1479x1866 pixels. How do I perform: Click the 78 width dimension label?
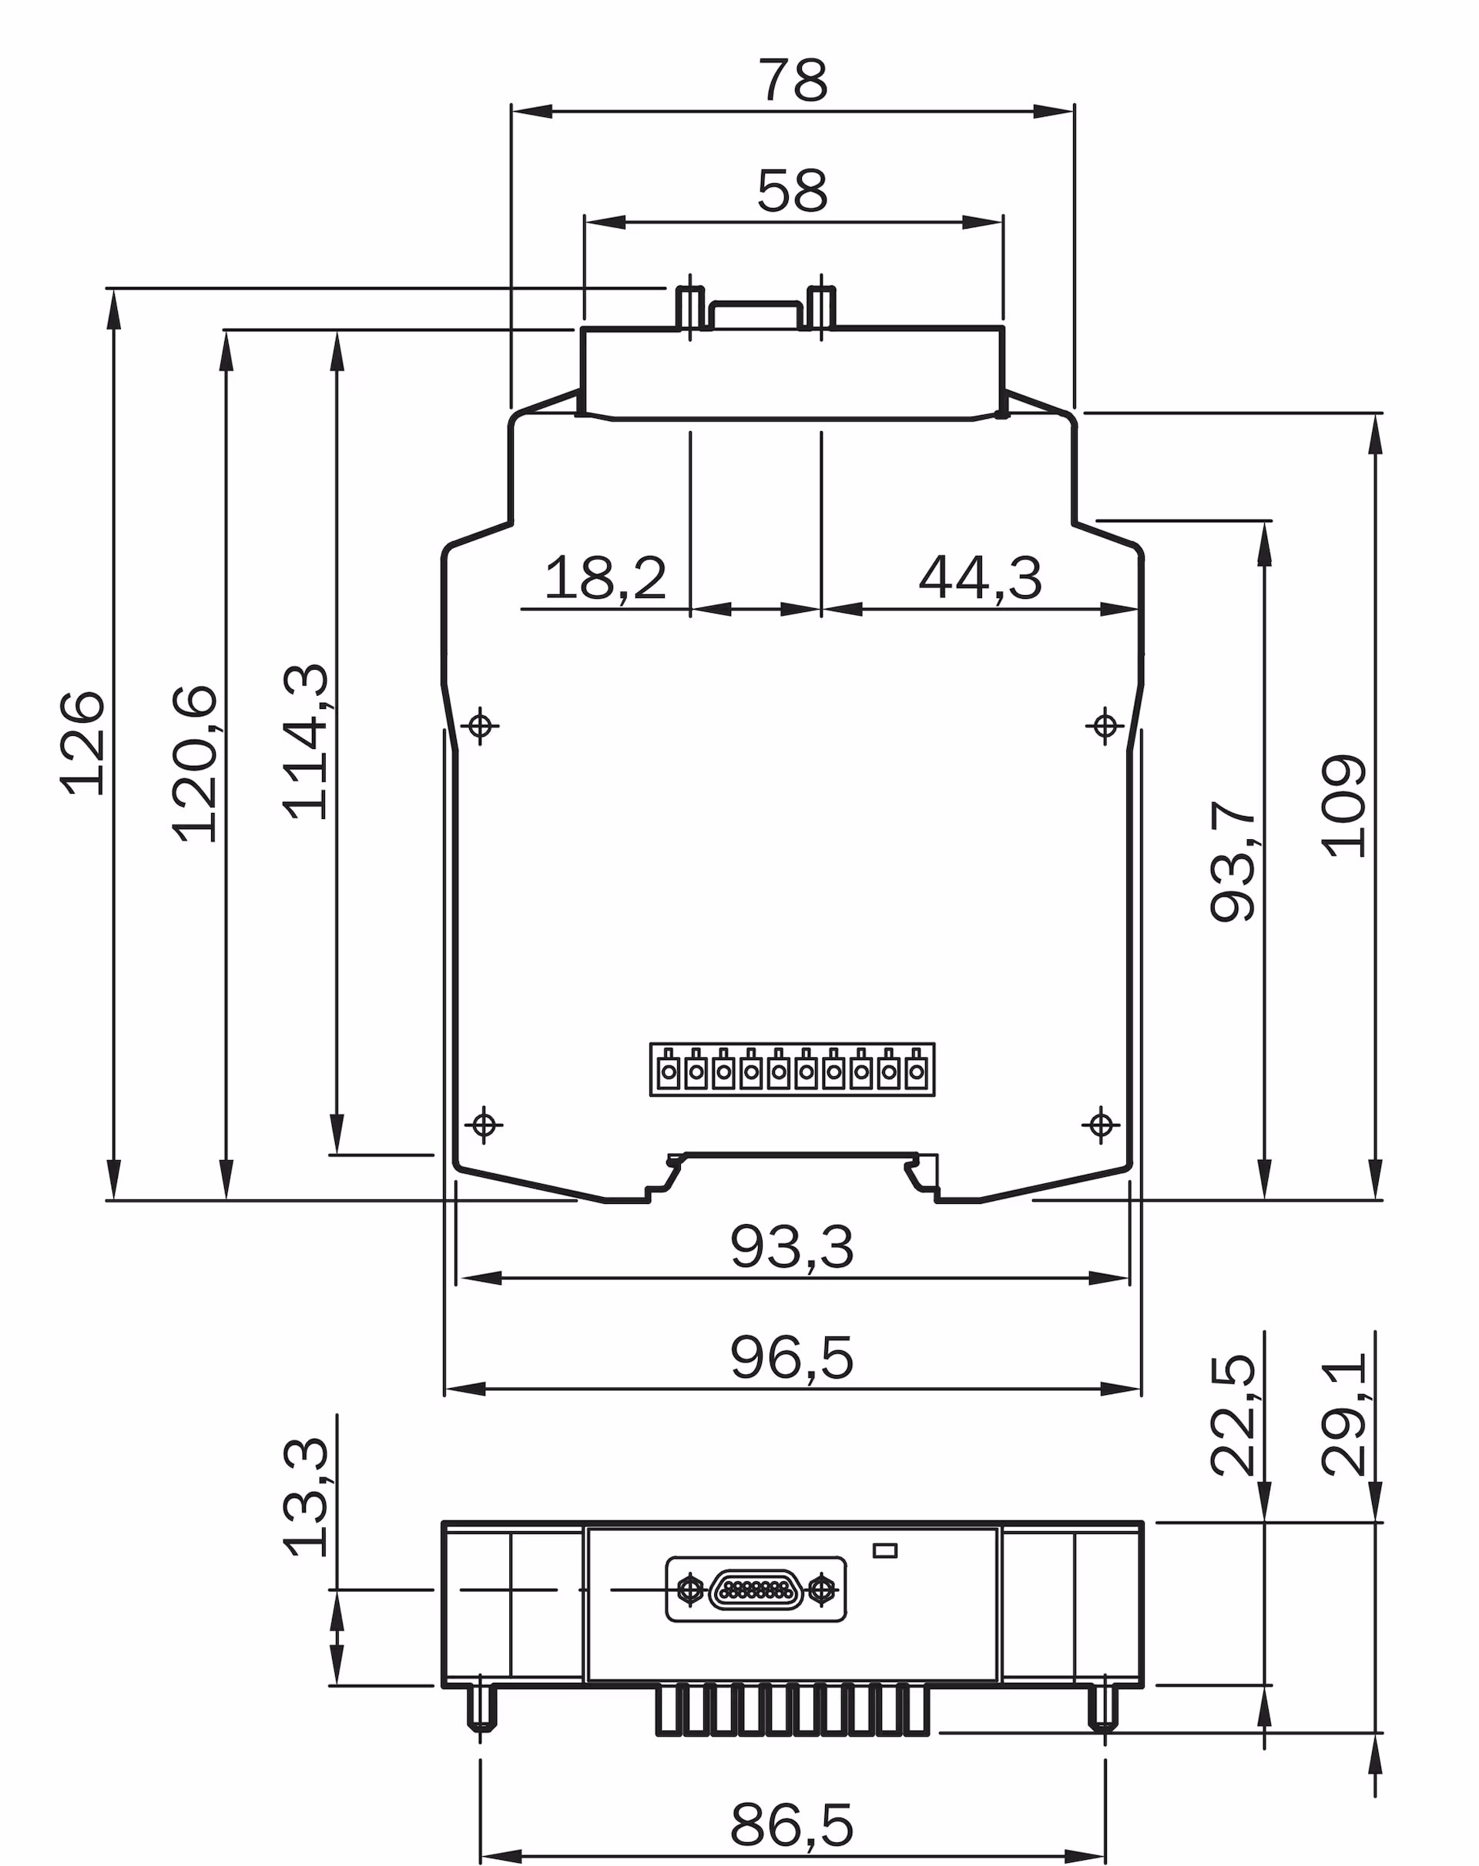point(793,81)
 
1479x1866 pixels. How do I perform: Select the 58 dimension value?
point(793,191)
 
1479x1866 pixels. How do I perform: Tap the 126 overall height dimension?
point(83,743)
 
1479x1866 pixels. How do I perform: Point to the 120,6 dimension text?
point(195,763)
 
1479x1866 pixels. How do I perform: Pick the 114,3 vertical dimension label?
point(306,742)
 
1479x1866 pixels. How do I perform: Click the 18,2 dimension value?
point(605,578)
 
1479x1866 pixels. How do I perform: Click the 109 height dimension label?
point(1343,807)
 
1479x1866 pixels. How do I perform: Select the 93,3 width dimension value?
point(791,1247)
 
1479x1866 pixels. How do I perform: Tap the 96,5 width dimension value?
point(791,1358)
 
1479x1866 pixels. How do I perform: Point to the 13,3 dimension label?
point(306,1496)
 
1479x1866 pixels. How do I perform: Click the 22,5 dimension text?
point(1232,1414)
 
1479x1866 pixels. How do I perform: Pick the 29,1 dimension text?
point(1343,1414)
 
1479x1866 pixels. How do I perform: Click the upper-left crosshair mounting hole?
point(481,725)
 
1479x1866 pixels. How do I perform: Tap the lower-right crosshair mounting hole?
point(1101,1125)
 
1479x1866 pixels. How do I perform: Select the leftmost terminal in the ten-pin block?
point(669,1072)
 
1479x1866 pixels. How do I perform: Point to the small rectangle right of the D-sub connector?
point(885,1550)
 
